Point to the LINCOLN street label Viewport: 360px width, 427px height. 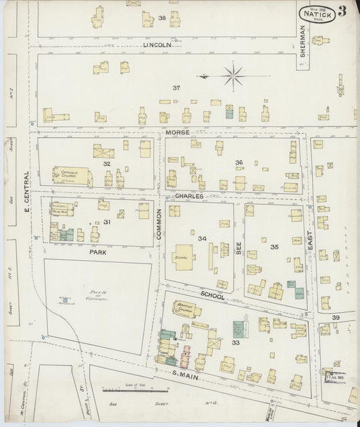pyautogui.click(x=158, y=45)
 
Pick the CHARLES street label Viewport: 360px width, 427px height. pyautogui.click(x=189, y=197)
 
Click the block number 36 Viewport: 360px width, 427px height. pyautogui.click(x=238, y=163)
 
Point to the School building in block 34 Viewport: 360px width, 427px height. pyautogui.click(x=182, y=257)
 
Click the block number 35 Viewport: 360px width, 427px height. pyautogui.click(x=274, y=247)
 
